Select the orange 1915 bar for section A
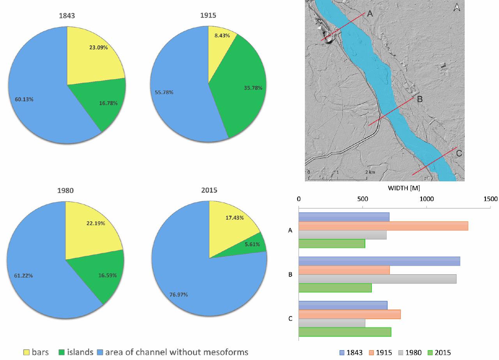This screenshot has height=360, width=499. [383, 226]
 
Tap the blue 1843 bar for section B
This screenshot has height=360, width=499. [379, 261]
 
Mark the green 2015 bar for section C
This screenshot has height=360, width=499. [345, 332]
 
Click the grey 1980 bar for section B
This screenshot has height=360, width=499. [377, 279]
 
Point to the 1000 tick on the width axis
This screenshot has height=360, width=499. [426, 199]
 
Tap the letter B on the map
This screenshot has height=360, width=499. [419, 99]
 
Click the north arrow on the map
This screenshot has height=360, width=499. [457, 7]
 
